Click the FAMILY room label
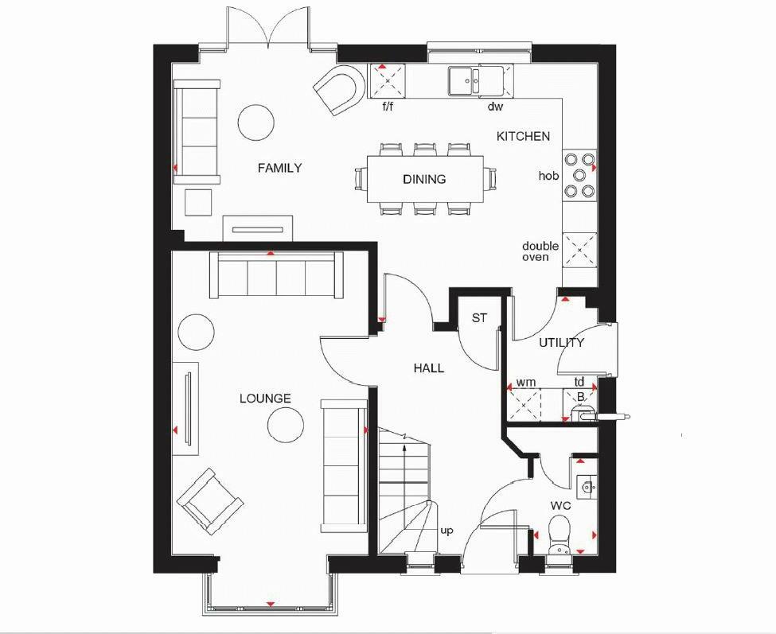pos(279,168)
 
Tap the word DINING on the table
pos(423,179)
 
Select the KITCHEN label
pos(523,136)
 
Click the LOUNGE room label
pos(265,399)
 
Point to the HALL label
pos(428,368)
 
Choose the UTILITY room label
pos(561,343)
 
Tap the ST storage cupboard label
pos(478,318)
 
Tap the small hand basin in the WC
pos(587,484)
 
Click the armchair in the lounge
pos(210,500)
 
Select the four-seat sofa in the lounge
pos(276,275)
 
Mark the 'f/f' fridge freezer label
pos(388,106)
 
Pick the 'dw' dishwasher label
pos(495,106)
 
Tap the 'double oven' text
pos(540,251)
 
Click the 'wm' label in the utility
pos(525,383)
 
